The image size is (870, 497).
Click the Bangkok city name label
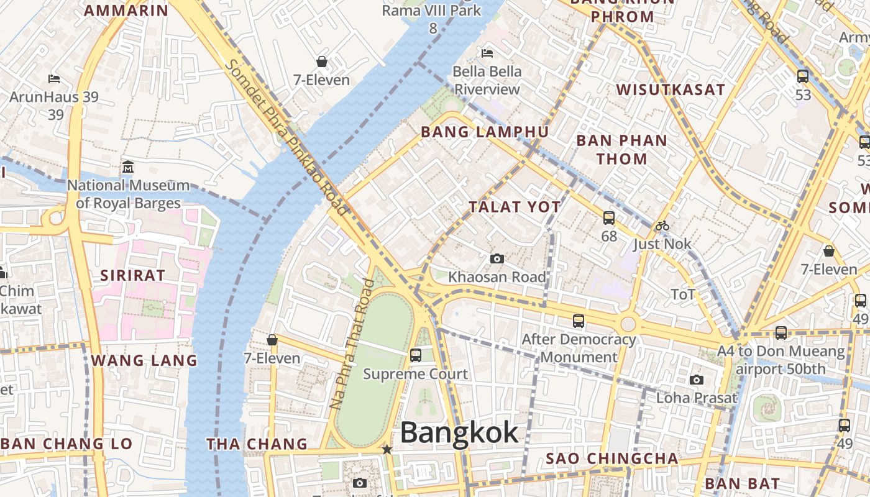coord(459,432)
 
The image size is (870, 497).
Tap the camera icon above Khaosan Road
coord(497,258)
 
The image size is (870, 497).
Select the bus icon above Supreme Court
coord(416,355)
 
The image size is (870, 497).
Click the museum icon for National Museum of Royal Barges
coord(128,166)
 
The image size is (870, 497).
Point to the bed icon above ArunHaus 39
coord(54,79)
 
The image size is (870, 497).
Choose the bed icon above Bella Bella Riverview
coord(487,53)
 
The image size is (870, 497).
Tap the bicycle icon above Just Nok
coord(662,226)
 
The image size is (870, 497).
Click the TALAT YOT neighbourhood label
coord(515,207)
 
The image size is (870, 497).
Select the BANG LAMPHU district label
coord(485,132)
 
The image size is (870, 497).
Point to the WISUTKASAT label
coord(671,89)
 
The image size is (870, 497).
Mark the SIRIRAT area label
coord(133,275)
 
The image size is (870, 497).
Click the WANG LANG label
coord(144,360)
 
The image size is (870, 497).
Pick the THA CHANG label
coord(257,444)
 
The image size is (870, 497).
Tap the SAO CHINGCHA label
coord(612,458)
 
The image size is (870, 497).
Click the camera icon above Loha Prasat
coord(697,380)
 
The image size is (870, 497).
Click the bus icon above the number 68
coord(609,218)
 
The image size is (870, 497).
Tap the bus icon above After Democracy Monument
coord(579,321)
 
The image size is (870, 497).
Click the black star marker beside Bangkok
coord(387,449)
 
